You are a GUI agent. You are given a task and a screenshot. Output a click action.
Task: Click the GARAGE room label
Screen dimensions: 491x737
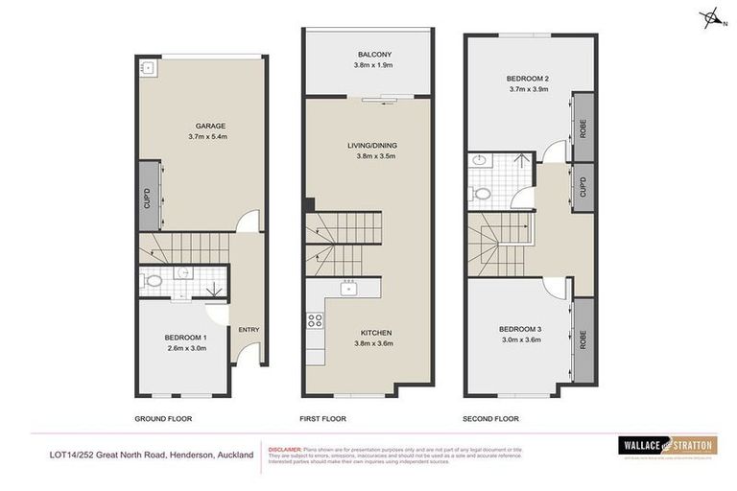click(x=210, y=126)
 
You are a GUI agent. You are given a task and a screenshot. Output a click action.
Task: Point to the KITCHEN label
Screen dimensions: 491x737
click(x=375, y=333)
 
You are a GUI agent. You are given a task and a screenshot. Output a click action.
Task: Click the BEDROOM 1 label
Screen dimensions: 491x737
click(x=185, y=338)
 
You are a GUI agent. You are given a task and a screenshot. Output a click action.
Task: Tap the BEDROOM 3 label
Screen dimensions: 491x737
click(x=519, y=330)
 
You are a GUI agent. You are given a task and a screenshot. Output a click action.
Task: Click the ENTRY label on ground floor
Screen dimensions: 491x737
click(x=249, y=330)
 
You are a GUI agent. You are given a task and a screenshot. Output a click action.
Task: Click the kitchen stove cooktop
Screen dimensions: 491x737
click(x=315, y=321)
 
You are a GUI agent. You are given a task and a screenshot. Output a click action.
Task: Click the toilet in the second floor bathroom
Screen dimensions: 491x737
click(x=484, y=195)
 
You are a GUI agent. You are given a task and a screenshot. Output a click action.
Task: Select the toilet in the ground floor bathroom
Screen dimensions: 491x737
click(x=153, y=281)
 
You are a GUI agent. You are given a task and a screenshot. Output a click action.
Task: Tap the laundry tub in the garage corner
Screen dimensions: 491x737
click(x=148, y=67)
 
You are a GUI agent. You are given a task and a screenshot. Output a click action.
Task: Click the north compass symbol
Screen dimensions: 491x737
click(x=712, y=17)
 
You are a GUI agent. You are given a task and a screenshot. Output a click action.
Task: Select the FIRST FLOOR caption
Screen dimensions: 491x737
click(x=321, y=419)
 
